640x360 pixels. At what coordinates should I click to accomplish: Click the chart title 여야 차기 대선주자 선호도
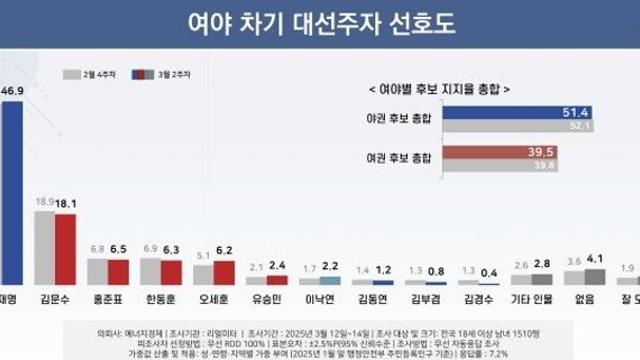tap(320, 22)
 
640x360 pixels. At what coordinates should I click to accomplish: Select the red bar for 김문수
tap(66, 250)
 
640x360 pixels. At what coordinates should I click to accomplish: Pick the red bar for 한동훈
tap(172, 272)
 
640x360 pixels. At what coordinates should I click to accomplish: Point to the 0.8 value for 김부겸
tap(437, 270)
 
